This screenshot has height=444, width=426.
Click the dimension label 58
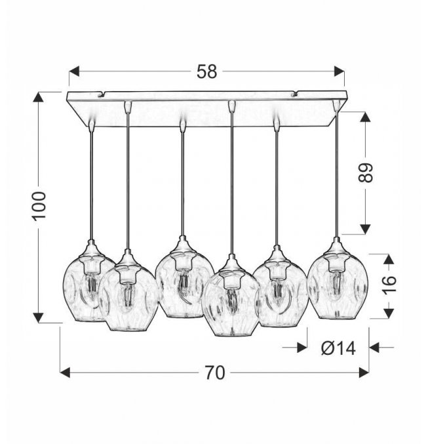click(x=207, y=71)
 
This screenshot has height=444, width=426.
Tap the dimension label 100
click(x=39, y=206)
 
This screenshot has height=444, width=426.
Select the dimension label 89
click(x=366, y=173)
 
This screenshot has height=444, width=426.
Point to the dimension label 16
click(x=389, y=285)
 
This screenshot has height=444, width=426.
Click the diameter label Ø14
click(x=338, y=348)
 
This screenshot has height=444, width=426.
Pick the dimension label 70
click(x=215, y=373)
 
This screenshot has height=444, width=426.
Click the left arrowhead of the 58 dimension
click(x=74, y=71)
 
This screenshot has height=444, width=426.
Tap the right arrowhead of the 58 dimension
click(x=339, y=71)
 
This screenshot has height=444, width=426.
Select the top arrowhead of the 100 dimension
click(x=39, y=97)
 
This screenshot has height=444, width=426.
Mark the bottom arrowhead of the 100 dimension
click(x=39, y=317)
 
